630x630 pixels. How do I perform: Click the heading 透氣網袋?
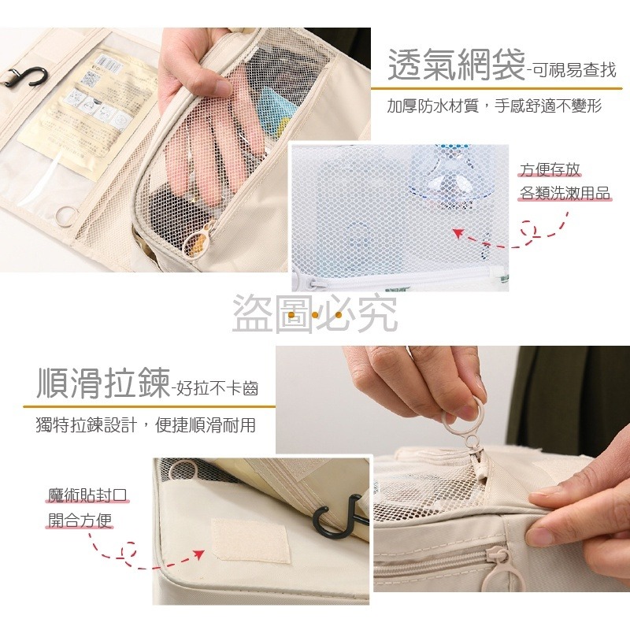(x=457, y=65)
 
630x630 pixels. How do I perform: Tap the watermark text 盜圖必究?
(x=315, y=313)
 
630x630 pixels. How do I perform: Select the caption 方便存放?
(x=550, y=169)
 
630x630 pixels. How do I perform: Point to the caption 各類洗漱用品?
(x=565, y=193)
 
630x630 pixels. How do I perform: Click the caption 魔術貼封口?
(x=87, y=495)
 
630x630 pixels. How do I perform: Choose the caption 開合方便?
(x=80, y=521)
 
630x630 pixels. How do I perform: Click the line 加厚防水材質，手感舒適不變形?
(x=495, y=106)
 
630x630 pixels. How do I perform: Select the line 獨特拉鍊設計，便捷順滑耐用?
(x=146, y=425)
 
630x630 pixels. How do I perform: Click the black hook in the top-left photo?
(x=24, y=78)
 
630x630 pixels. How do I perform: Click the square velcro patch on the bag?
(x=250, y=540)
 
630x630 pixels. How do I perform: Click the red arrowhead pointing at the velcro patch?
(x=198, y=554)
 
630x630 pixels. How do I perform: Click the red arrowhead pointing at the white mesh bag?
(x=459, y=233)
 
